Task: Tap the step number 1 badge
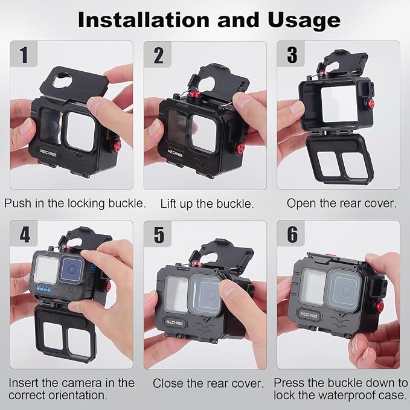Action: (x=24, y=55)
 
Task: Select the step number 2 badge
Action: (x=158, y=55)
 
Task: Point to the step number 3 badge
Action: (x=292, y=55)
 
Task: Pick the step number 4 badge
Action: (x=24, y=234)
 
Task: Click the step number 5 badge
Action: (x=158, y=234)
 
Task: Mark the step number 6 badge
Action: (x=292, y=234)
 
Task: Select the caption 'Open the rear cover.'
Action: (x=341, y=203)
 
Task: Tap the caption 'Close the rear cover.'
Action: (x=208, y=383)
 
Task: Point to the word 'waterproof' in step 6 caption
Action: (x=338, y=396)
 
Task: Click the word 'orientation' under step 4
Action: (x=72, y=396)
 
